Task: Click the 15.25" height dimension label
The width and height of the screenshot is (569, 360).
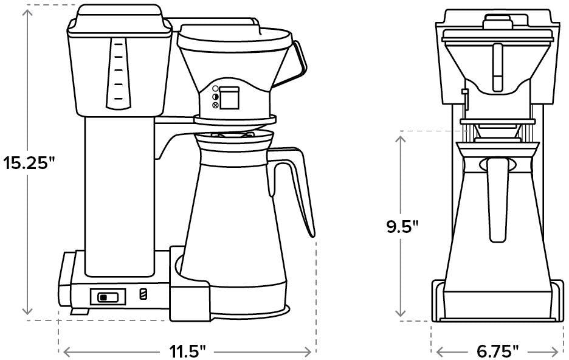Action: (29, 162)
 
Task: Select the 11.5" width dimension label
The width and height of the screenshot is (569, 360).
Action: (188, 351)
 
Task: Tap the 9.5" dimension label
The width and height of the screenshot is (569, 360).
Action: (402, 227)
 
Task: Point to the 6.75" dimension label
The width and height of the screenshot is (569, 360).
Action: (498, 351)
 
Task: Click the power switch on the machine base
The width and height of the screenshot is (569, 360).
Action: (108, 297)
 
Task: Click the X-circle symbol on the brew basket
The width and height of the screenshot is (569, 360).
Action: (215, 105)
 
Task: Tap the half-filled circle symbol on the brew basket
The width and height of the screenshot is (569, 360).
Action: (215, 97)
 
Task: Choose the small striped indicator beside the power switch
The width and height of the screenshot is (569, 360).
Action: (143, 294)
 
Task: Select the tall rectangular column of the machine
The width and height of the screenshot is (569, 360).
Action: (119, 195)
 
